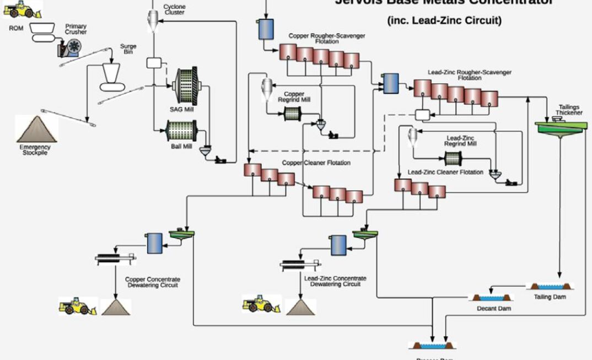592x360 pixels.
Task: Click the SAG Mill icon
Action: tap(186, 86)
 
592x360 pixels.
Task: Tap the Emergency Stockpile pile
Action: tap(36, 130)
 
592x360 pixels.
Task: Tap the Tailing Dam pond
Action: tap(550, 286)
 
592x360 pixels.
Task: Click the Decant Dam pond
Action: tap(491, 297)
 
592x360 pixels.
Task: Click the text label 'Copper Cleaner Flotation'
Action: tap(316, 163)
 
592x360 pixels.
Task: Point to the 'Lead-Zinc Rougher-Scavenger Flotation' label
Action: tap(469, 75)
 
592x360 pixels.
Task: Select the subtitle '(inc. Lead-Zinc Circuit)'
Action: tap(444, 21)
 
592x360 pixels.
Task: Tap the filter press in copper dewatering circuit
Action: tap(115, 258)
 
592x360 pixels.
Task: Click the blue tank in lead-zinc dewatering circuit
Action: tap(338, 244)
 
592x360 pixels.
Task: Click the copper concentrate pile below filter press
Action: tap(116, 307)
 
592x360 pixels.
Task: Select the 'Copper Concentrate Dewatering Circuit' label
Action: tap(153, 282)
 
